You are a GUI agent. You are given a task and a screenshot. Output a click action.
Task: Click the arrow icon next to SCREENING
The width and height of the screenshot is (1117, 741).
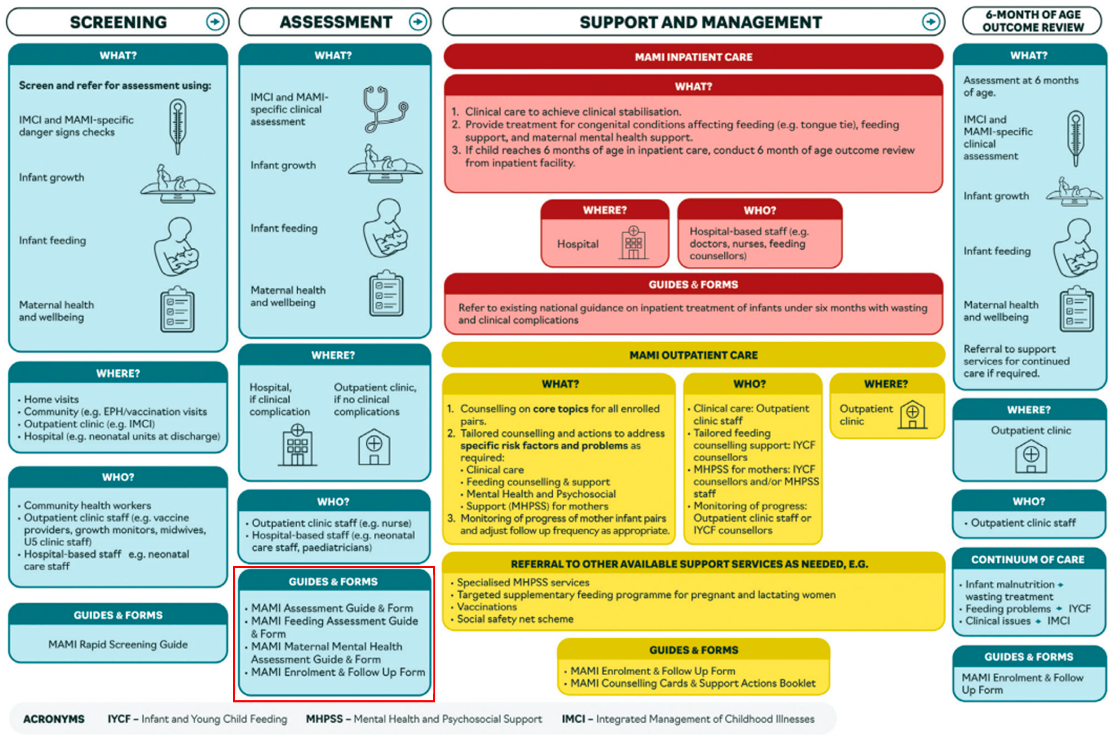click(x=215, y=22)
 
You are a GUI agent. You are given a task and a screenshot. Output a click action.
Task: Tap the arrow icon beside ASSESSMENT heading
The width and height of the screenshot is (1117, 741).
click(x=417, y=22)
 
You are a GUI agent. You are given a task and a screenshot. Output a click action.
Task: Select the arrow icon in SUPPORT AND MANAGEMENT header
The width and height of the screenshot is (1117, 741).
click(x=931, y=22)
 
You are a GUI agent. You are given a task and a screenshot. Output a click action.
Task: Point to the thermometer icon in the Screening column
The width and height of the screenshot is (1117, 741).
click(x=178, y=126)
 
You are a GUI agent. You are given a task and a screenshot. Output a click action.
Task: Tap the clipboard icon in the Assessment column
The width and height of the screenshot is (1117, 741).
click(x=386, y=294)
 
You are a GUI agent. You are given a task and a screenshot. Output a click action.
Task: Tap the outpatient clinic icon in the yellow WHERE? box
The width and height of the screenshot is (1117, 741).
click(x=912, y=414)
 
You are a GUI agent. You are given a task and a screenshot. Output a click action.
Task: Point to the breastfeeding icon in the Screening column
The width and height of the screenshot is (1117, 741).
click(x=176, y=247)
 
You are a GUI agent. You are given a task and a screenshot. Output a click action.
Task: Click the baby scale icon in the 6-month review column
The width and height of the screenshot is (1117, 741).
click(x=1074, y=192)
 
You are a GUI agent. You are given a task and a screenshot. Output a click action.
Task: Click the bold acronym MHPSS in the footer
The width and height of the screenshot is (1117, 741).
click(x=324, y=719)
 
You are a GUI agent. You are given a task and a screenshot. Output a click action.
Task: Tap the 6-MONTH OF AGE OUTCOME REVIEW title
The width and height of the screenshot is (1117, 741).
click(x=1033, y=21)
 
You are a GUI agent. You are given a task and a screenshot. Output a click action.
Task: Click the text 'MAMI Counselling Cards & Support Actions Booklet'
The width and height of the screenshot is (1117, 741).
click(x=693, y=683)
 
